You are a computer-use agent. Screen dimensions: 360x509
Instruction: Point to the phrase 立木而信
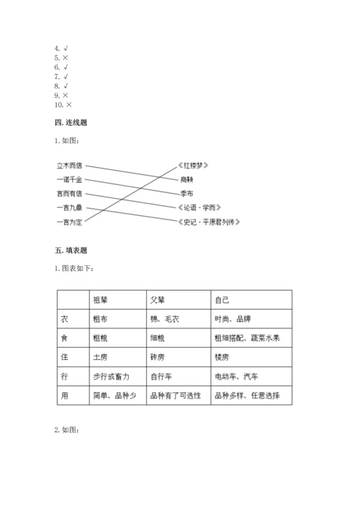69,166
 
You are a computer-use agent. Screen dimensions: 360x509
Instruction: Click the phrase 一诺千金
69,179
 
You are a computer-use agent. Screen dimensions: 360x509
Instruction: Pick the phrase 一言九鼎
69,207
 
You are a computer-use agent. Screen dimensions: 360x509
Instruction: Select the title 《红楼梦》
196,166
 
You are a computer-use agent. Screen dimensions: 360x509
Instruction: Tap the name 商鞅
186,179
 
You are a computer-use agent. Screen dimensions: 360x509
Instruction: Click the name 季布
186,194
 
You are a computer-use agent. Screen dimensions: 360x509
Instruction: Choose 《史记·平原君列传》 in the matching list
208,222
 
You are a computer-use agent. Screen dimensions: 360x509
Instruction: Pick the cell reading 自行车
161,376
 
